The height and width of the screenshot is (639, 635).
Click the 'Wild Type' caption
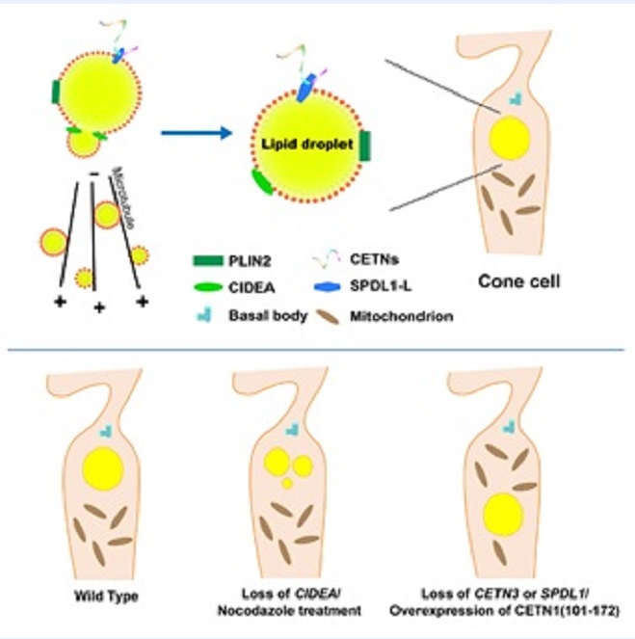(109, 597)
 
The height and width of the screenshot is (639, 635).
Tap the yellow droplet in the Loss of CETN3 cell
(501, 513)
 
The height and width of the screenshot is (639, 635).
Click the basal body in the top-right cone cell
(516, 98)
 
